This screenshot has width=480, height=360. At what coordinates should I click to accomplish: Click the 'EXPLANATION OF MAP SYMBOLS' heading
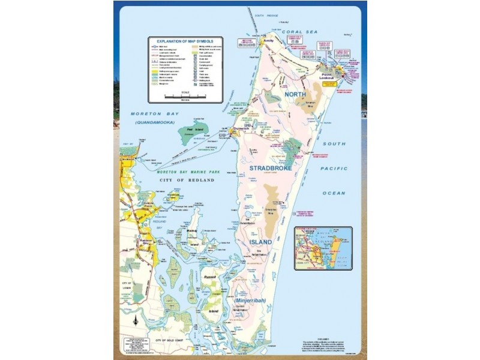[x=185, y=42]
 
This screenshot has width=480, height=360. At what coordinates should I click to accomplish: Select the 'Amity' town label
[x=277, y=41]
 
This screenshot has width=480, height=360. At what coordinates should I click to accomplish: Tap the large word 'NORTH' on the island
[x=295, y=95]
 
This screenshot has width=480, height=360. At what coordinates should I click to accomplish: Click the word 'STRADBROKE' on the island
[x=271, y=169]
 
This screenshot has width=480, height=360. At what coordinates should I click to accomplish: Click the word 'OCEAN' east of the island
[x=334, y=193]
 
